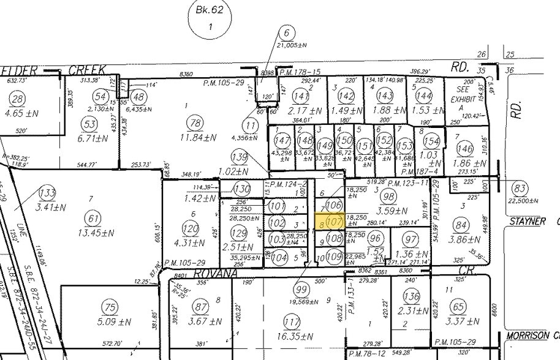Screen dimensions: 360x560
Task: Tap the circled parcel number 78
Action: coord(195,124)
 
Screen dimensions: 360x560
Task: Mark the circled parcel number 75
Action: coord(110,308)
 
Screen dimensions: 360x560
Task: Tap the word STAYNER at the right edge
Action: coord(527,221)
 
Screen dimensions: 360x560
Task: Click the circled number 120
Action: coord(191,229)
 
